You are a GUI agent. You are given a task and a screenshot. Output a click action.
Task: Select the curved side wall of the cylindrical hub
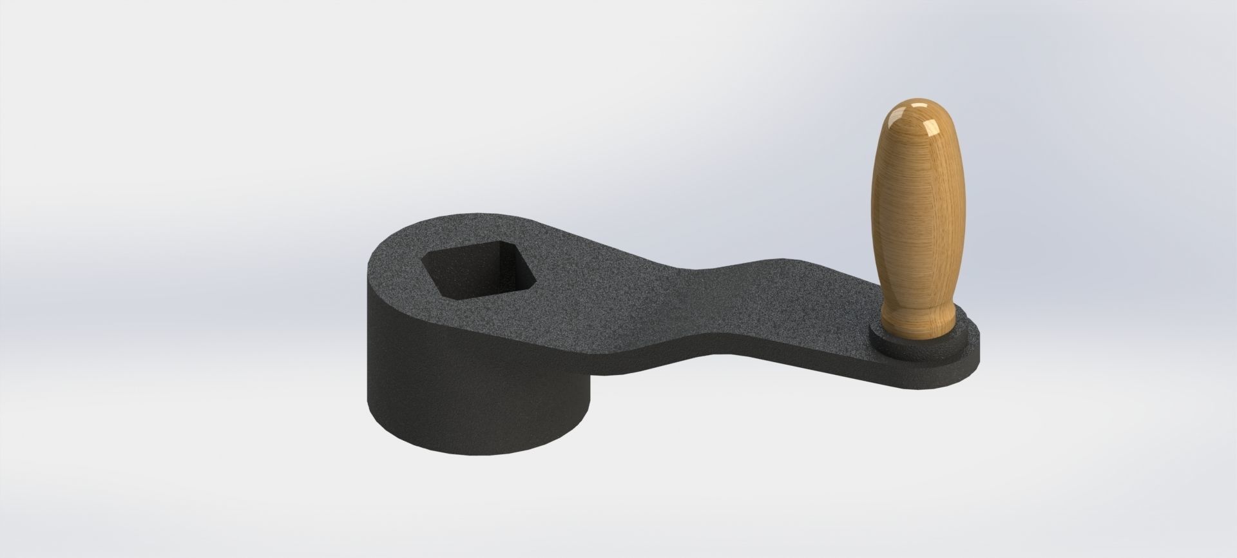tap(451, 380)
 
